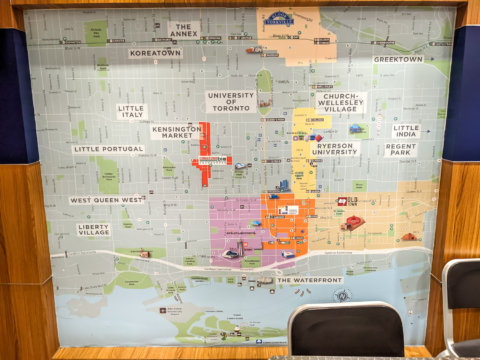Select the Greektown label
pyautogui.click(x=397, y=59)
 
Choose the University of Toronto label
pyautogui.click(x=231, y=101)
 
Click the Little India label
pyautogui.click(x=406, y=131)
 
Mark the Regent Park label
pyautogui.click(x=400, y=149)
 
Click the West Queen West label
pyautogui.click(x=107, y=200)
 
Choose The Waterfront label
pyautogui.click(x=309, y=280)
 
